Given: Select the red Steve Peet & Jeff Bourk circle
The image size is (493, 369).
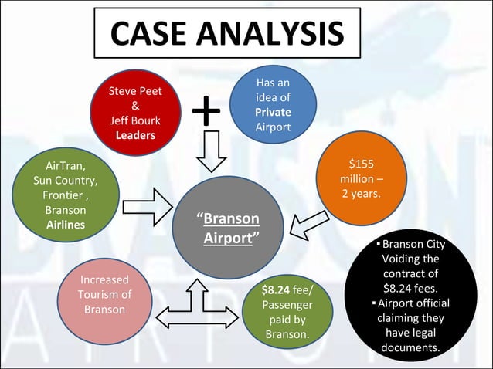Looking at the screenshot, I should pyautogui.click(x=135, y=113).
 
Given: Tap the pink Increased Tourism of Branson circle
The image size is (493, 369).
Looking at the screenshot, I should pyautogui.click(x=104, y=294).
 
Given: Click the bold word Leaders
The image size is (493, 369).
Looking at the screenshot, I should pyautogui.click(x=135, y=135).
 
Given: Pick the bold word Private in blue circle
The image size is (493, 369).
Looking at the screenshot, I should pyautogui.click(x=273, y=113).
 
